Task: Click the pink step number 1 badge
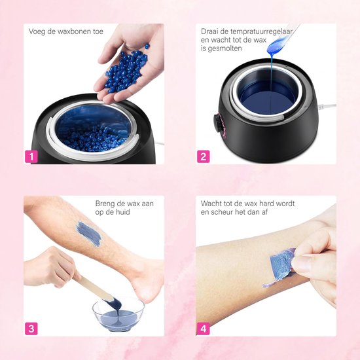click(31, 156)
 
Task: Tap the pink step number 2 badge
click(203, 156)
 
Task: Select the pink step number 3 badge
click(31, 329)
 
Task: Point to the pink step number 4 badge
click(203, 329)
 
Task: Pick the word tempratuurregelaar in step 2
click(261, 31)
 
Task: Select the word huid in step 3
click(122, 212)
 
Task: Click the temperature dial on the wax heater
click(217, 123)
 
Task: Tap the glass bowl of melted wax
click(118, 315)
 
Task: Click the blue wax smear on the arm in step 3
click(89, 234)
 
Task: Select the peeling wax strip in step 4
click(280, 268)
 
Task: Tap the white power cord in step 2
click(327, 106)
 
